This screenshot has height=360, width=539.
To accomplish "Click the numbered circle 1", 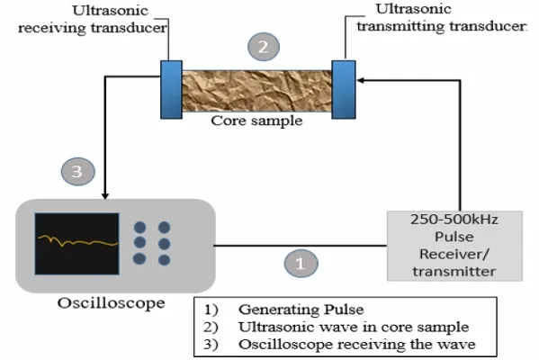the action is click(301, 264).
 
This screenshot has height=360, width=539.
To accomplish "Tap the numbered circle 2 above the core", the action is click(264, 47).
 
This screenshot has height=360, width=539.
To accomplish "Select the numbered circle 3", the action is click(77, 171).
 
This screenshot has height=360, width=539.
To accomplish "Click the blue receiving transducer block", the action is click(171, 90).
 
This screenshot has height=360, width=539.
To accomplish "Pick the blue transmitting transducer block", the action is click(344, 90).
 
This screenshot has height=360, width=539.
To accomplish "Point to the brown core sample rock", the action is click(256, 91).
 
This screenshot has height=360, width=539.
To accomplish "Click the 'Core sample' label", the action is click(256, 121).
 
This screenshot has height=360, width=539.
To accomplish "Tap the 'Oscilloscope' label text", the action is click(111, 303).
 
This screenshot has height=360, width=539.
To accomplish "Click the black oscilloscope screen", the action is click(77, 244).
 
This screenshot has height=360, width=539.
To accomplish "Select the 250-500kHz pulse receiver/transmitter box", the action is click(454, 246).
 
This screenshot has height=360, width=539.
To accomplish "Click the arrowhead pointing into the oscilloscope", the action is click(105, 196).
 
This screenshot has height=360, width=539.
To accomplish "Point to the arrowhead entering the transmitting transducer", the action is click(360, 80).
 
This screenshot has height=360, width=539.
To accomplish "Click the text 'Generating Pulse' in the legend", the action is click(301, 310).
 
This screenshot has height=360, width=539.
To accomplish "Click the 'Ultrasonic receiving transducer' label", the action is click(93, 19).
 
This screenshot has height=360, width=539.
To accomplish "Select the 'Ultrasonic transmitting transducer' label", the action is click(442, 18).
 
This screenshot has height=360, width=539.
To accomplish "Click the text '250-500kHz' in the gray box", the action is click(454, 220).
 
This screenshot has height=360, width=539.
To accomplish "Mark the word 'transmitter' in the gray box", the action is click(454, 272).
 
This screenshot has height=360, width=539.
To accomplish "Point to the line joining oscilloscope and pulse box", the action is click(301, 246).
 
